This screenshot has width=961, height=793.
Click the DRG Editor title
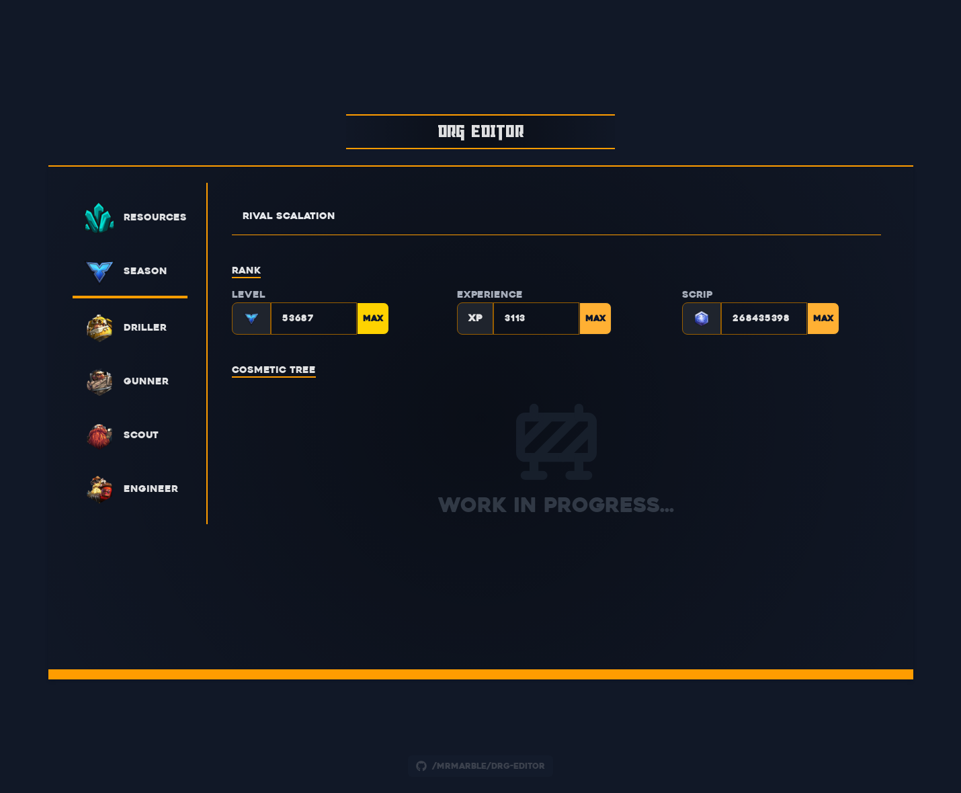480,132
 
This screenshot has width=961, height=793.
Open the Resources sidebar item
155,217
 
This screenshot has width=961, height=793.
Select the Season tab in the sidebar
144,271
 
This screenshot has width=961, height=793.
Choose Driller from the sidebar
144,327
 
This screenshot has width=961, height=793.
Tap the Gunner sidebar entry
146,381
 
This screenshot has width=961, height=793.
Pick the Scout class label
141,435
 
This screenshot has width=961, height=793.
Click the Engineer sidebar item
151,489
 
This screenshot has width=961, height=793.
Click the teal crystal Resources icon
99,217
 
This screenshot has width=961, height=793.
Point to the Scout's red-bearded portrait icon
99,435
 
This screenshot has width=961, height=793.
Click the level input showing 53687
313,319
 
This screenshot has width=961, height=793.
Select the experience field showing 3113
536,319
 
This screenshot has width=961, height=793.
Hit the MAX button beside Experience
595,319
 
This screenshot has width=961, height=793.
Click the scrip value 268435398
763,319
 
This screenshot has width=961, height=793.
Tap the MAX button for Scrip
823,319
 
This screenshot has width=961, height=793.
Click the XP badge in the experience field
475,319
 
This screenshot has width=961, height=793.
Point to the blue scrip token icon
702,319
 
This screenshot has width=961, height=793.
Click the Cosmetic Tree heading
274,370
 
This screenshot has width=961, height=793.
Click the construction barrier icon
556,442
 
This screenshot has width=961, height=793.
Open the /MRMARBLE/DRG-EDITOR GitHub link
480,766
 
